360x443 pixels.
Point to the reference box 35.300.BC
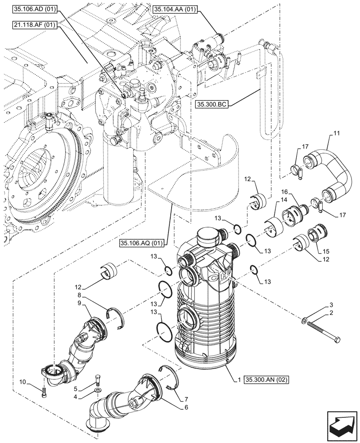pos(211,104)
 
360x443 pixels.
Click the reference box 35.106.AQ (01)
pos(141,243)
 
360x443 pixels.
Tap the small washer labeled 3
pos(305,320)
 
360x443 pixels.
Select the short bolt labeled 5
pos(98,380)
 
